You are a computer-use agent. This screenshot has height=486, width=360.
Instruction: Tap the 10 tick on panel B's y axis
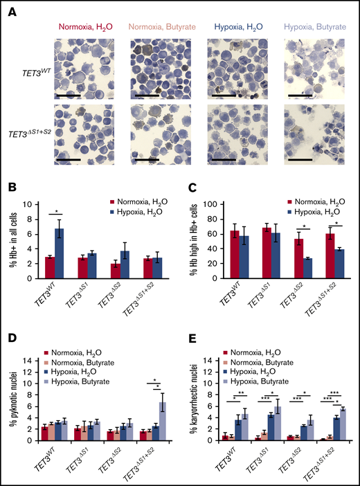(x=27, y=205)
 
